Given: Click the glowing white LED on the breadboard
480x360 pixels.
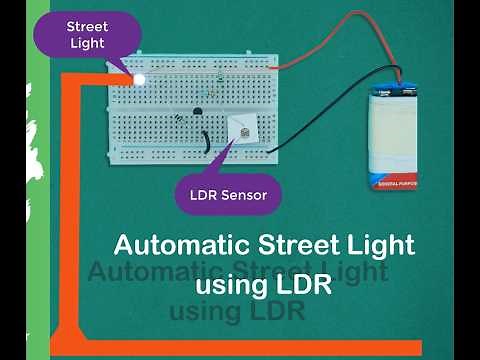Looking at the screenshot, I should [x=139, y=78].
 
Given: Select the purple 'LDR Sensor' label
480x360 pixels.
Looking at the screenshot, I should [x=228, y=195].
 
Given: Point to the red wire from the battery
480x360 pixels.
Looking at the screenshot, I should [x=330, y=45].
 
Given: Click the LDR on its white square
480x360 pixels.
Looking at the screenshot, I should [x=241, y=129].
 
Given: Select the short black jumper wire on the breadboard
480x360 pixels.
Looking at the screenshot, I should [x=205, y=139].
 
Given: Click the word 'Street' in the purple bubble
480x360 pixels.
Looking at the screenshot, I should [x=86, y=27].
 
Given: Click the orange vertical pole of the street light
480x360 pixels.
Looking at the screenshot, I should [x=71, y=210].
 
